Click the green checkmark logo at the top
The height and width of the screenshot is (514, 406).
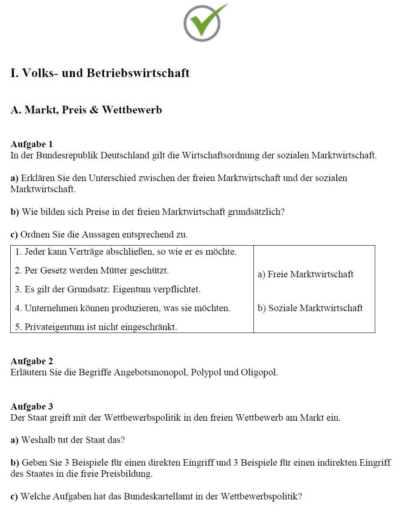(x=203, y=22)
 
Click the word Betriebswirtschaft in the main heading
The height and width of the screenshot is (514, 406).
(x=138, y=73)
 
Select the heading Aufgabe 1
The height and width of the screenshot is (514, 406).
(x=32, y=144)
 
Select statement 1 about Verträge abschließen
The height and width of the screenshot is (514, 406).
(x=126, y=252)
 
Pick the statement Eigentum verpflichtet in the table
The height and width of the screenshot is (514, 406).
(x=108, y=289)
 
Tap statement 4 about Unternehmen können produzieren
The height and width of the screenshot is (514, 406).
(x=123, y=308)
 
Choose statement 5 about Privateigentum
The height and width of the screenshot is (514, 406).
(x=96, y=327)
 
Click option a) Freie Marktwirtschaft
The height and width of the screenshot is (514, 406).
(x=306, y=274)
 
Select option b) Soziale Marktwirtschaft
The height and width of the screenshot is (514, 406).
(x=310, y=308)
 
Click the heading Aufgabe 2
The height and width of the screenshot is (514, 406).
(x=32, y=361)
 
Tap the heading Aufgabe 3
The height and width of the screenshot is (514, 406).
(x=32, y=407)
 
